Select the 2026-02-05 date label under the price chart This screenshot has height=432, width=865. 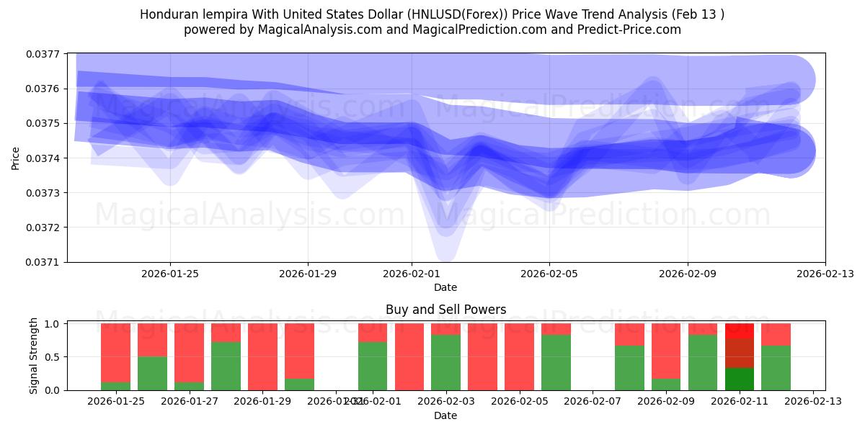549,274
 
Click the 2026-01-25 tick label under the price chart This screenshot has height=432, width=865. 170,274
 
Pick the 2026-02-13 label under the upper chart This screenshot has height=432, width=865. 825,274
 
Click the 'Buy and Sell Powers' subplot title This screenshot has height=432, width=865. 445,310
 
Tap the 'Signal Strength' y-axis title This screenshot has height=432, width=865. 34,356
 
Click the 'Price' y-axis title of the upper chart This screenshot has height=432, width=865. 16,158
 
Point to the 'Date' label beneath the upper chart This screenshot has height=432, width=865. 445,287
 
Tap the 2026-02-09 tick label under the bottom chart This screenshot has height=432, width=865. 666,401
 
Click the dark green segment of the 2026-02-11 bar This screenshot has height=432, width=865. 739,379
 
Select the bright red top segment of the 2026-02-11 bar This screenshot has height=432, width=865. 739,331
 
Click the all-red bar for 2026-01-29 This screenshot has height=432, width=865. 262,356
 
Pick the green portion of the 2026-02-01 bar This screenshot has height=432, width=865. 372,366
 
